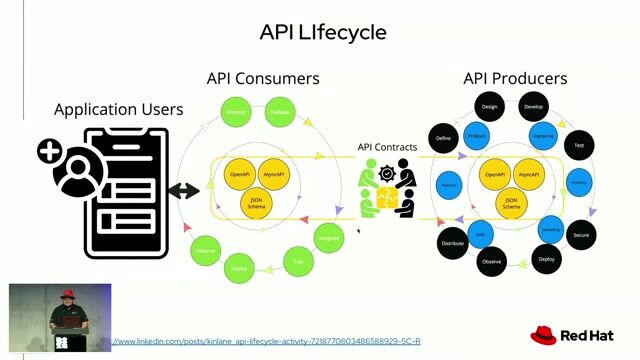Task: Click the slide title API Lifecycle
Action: click(322, 32)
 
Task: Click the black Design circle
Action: click(489, 106)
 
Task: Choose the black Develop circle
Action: click(533, 106)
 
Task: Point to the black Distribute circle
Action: click(453, 243)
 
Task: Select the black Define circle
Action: click(444, 139)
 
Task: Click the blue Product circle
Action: click(477, 135)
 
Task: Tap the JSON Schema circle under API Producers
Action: click(511, 204)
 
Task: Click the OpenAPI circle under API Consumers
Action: click(240, 175)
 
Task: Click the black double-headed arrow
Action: click(185, 191)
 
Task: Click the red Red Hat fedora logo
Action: click(543, 334)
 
